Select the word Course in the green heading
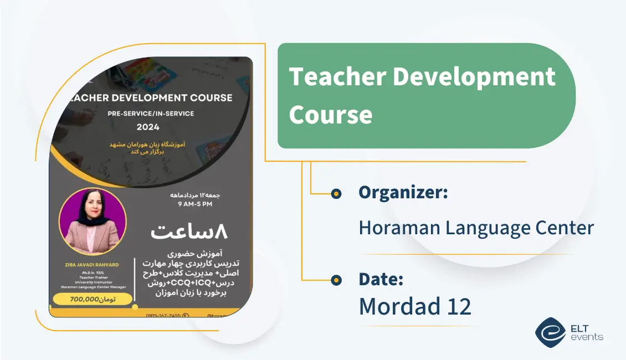331,115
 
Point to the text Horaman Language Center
476,228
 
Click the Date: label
381,279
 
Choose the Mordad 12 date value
415,306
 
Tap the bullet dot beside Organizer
336,193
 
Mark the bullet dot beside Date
336,280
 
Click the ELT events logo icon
550,332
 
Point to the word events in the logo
587,337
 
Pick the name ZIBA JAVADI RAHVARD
91,265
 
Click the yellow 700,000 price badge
93,300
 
